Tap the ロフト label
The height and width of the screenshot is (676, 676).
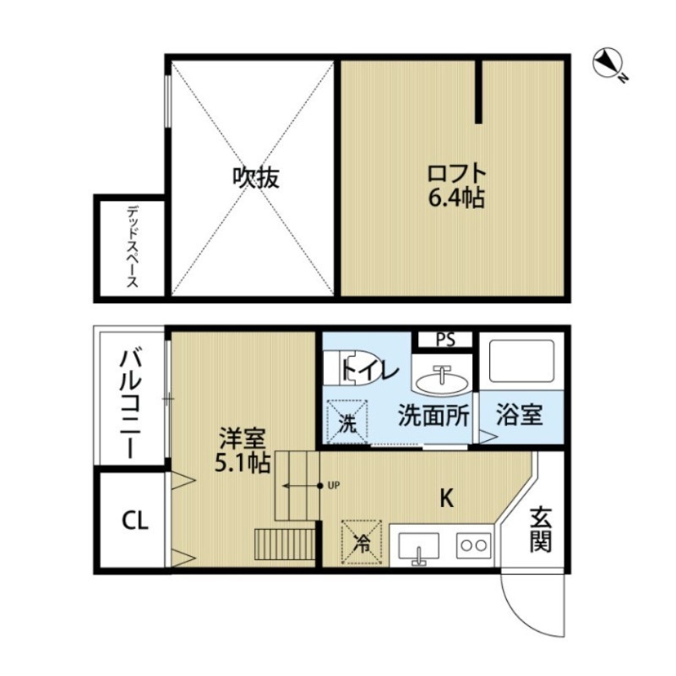[456, 175]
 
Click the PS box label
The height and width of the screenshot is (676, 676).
[445, 339]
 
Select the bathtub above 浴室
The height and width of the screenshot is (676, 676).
[521, 362]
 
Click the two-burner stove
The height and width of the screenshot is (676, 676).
[473, 546]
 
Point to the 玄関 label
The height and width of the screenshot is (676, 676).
[541, 529]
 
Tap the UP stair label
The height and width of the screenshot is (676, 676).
[333, 486]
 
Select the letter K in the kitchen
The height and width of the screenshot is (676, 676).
[445, 499]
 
